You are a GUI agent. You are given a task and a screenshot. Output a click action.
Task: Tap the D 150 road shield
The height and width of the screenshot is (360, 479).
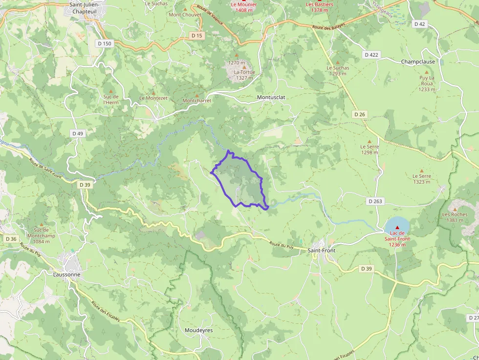(105, 43)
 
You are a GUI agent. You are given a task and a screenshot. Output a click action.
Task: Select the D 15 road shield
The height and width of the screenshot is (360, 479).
(196, 36)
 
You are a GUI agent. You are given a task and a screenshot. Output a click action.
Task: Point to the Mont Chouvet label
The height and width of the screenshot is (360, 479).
(181, 15)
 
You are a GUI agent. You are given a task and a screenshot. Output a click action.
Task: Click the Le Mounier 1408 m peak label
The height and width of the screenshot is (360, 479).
(244, 7)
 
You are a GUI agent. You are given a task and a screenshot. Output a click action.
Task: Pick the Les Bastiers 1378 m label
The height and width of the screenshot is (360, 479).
(320, 7)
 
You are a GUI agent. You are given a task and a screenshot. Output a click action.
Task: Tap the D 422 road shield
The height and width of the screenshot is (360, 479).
(371, 55)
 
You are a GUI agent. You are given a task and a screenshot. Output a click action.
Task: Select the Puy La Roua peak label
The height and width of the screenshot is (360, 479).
(427, 84)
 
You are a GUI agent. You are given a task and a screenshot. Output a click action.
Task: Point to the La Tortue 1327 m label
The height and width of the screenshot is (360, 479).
(244, 75)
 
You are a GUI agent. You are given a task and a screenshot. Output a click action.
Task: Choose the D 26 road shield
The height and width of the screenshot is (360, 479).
(360, 114)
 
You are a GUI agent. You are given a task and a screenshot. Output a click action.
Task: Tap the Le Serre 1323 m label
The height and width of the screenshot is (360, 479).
(421, 179)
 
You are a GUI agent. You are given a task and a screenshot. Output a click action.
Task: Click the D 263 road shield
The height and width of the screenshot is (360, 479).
(375, 201)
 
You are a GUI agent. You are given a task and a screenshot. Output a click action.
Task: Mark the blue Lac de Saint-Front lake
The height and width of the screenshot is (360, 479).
(397, 226)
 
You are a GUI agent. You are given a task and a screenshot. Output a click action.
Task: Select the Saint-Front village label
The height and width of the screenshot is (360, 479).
(321, 251)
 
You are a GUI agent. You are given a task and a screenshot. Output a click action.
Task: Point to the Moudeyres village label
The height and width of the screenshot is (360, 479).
(198, 331)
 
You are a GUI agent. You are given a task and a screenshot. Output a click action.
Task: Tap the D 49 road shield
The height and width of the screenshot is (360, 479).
(77, 133)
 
